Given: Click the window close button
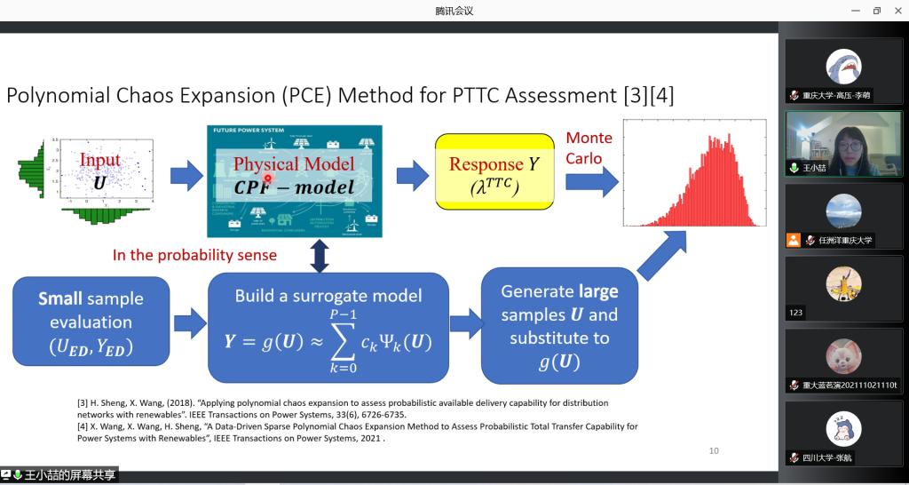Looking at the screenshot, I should [898, 11].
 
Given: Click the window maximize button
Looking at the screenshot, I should [877, 11].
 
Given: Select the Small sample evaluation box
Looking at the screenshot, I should [91, 322].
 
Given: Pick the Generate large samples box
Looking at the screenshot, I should [559, 326].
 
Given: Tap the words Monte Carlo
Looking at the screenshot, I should [589, 147].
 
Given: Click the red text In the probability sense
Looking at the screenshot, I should [194, 255].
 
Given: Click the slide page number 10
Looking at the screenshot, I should [714, 451].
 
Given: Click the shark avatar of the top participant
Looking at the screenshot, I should [843, 67].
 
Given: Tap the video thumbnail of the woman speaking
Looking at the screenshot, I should [843, 143].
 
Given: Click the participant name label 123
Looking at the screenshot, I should [795, 313].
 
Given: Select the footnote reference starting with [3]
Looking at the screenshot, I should [346, 408].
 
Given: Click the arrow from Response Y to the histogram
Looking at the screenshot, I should [591, 183].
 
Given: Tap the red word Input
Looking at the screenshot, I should [100, 160].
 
